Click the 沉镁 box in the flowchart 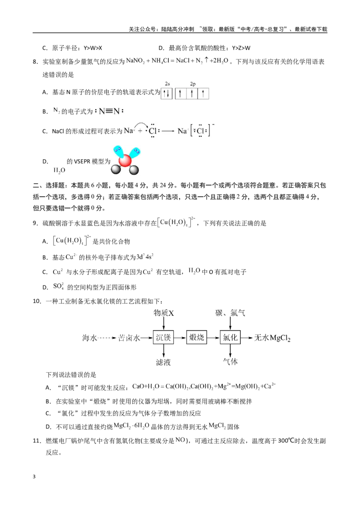163,338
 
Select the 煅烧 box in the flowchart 197,338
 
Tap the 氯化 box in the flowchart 230,338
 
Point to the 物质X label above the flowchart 164,313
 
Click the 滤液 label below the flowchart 163,362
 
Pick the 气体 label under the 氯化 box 230,362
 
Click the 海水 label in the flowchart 90,338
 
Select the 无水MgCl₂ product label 272,338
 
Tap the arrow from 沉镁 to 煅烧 180,338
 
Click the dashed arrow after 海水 107,338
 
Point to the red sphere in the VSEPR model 125,161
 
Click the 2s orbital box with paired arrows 167,94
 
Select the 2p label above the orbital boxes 193,84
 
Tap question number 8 36,62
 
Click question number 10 37,301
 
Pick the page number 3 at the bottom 34,477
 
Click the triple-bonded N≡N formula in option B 109,112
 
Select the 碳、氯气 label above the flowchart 230,313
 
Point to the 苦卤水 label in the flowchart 129,338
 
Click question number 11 37,441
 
